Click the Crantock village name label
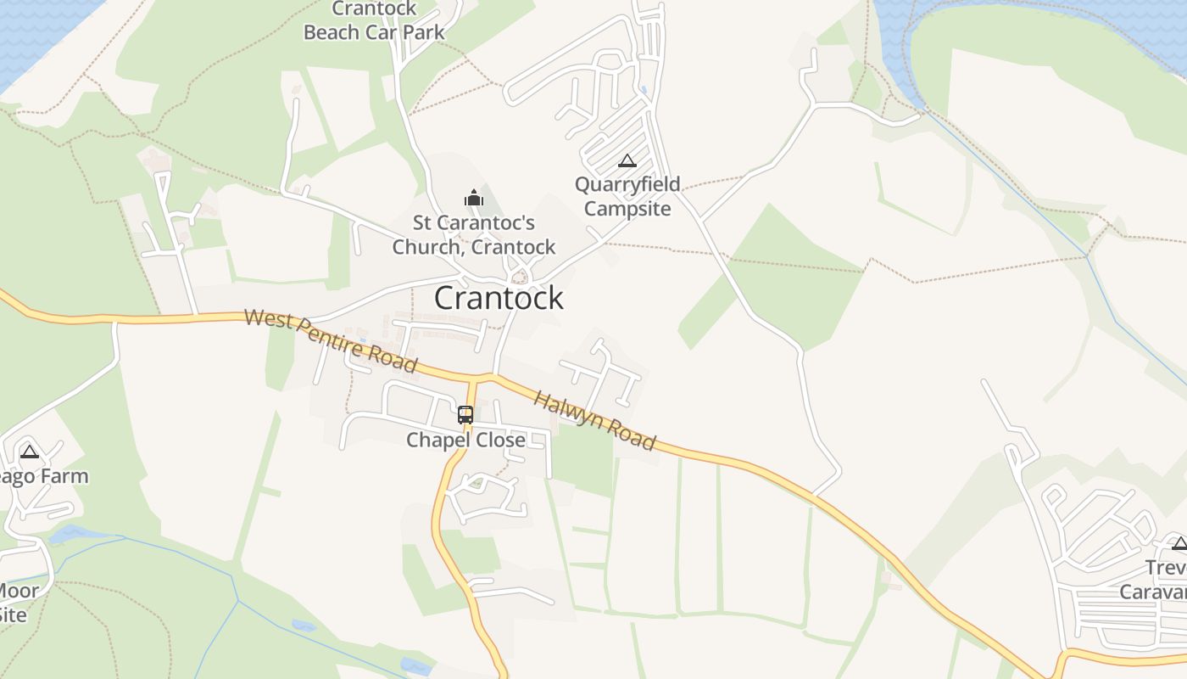(499, 298)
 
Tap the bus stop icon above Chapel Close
(465, 415)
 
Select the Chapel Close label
(465, 440)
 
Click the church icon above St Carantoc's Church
(473, 199)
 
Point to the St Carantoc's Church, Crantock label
(473, 235)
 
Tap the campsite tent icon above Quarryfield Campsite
(627, 161)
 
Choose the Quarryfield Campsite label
(627, 196)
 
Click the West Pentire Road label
(331, 341)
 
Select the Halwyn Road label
(594, 421)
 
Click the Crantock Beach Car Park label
(374, 21)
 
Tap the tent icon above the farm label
(30, 452)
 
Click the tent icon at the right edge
(1179, 543)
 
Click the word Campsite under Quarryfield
(627, 208)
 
